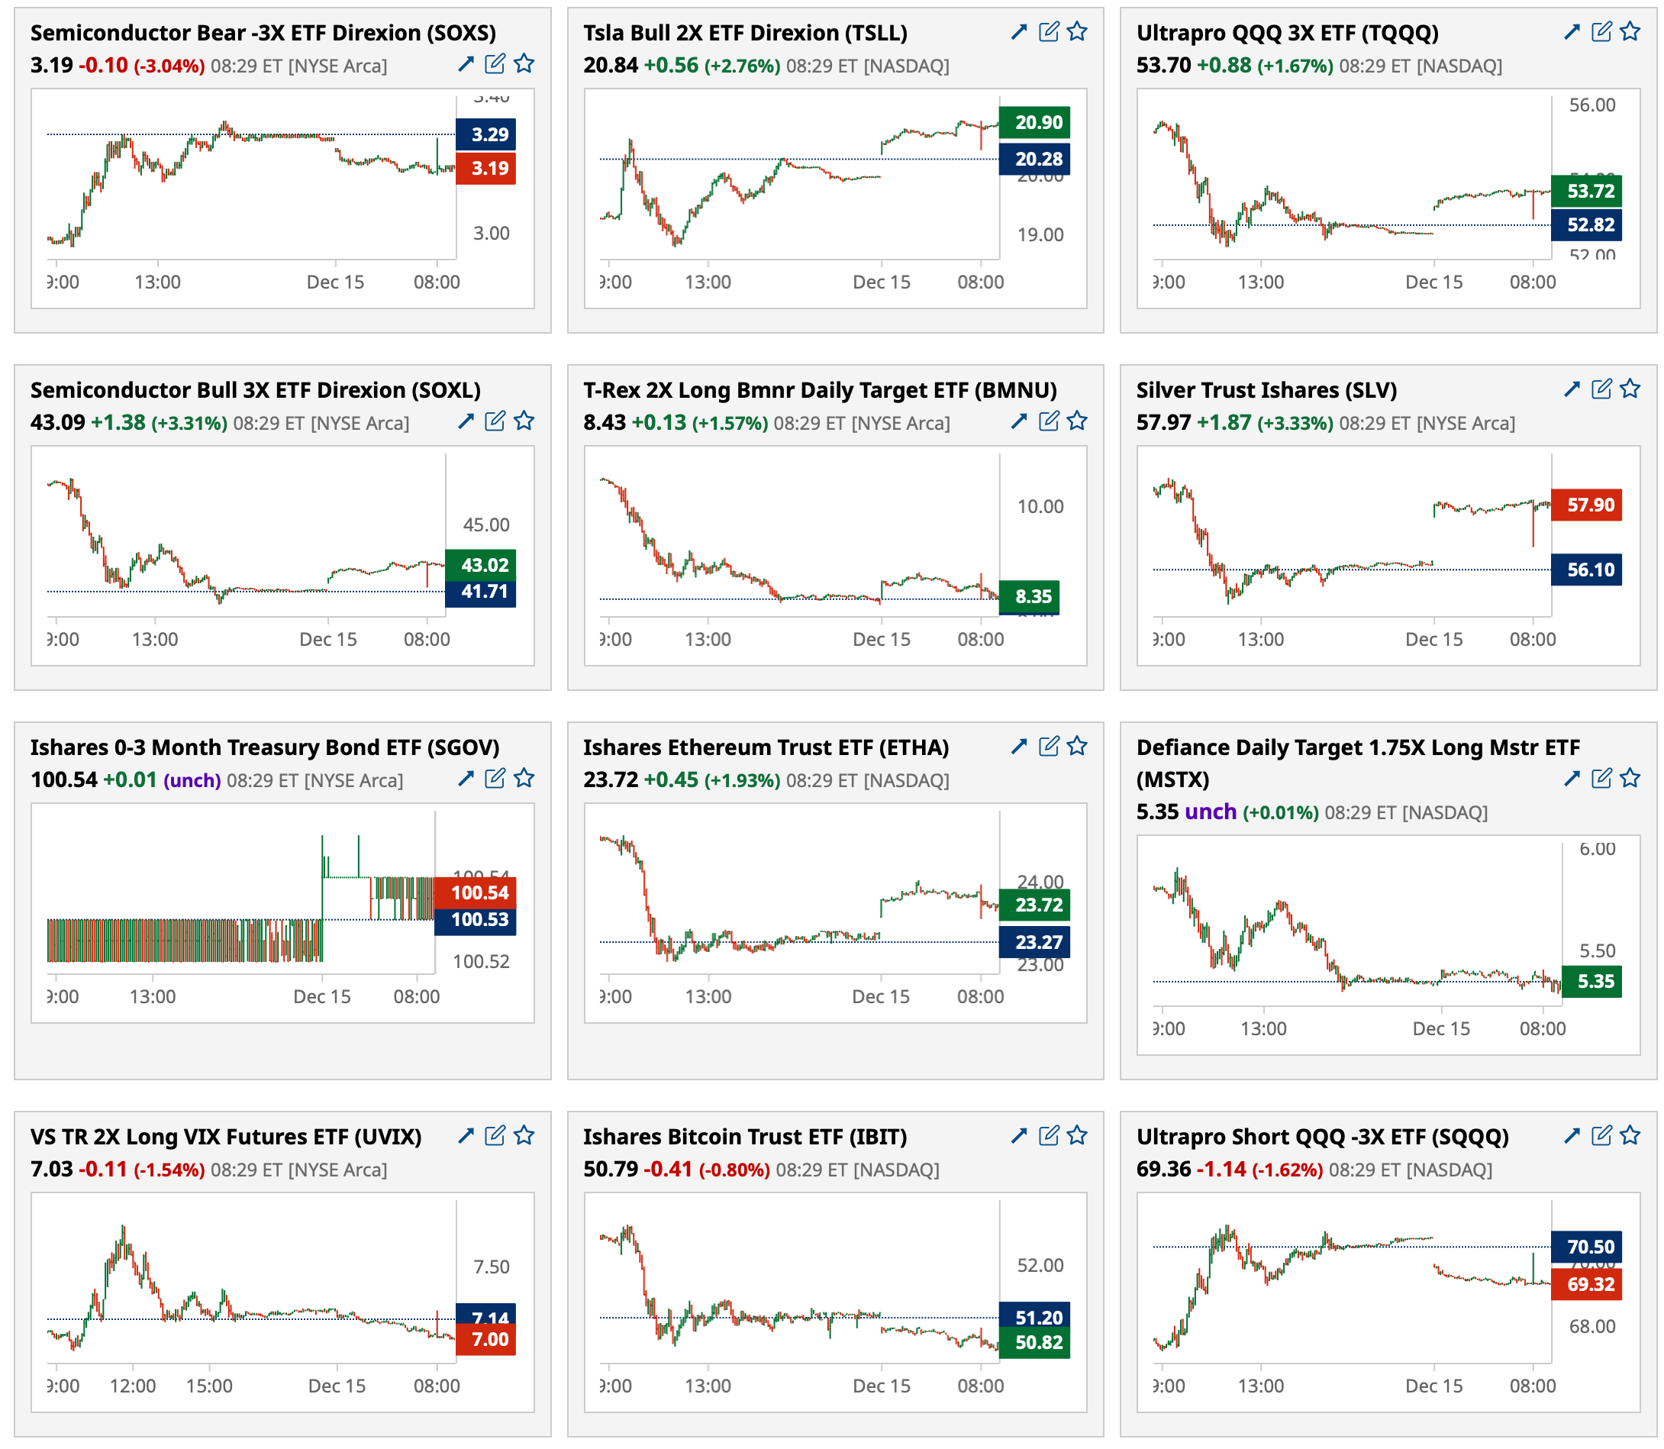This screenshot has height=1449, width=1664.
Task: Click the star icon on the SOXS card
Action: [524, 64]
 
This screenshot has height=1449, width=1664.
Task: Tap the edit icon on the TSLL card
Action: [1049, 31]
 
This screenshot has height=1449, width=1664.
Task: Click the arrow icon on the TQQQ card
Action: [1572, 31]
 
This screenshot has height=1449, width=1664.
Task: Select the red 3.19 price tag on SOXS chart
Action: [486, 169]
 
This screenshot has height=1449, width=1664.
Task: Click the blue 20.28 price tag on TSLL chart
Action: [1034, 160]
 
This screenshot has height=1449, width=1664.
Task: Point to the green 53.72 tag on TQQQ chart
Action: [1586, 192]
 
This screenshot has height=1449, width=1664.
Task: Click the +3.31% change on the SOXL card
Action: [189, 424]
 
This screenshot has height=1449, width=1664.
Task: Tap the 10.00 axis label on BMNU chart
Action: [1040, 507]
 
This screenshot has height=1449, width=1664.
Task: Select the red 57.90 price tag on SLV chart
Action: [1586, 505]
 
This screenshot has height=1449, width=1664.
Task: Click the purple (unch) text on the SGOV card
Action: [192, 781]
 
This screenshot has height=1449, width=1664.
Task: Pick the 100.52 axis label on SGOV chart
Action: [481, 961]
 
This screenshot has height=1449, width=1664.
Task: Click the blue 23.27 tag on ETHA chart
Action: [1034, 942]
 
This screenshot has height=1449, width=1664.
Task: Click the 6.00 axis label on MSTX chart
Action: [1597, 849]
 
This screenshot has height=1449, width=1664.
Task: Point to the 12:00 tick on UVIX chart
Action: [133, 1386]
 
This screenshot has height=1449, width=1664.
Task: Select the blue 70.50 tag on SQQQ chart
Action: [1586, 1247]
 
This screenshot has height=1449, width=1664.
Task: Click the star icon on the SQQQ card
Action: [1630, 1135]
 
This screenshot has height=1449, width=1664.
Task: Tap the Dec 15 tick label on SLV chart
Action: [1433, 640]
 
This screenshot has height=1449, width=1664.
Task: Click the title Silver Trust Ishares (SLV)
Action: [1266, 391]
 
